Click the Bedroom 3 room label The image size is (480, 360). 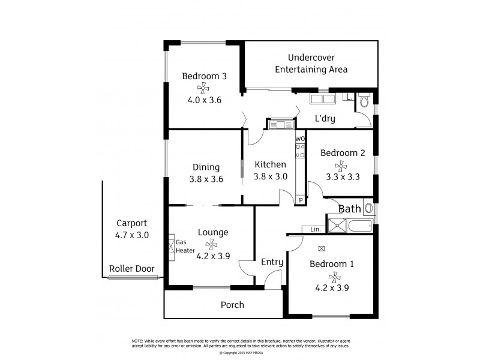pos(204,76)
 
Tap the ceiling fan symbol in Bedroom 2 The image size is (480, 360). pos(342,165)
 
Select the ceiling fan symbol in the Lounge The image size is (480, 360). pos(211,244)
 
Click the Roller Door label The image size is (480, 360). pos(131,269)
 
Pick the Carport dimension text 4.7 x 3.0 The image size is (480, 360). pos(132,235)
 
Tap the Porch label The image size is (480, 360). pos(232,305)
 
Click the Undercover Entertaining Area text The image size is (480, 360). pos(311,64)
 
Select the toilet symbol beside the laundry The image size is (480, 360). pos(364,101)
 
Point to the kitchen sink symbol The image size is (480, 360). pos(280,125)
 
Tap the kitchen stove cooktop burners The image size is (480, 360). pos(300,150)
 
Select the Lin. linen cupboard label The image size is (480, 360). pos(314,230)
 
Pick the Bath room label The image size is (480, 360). pos(349,209)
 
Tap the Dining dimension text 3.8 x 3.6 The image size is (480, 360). pos(207,179)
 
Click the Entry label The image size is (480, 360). pos(272,262)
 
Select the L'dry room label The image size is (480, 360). pos(325,119)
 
